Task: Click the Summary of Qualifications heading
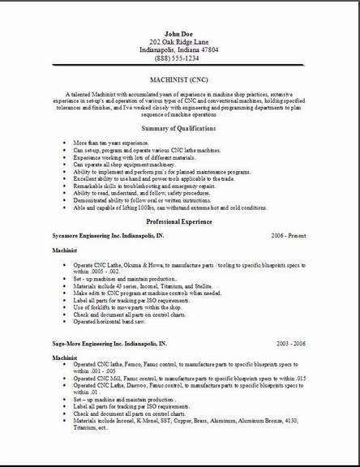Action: (178, 128)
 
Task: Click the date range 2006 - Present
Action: (289, 235)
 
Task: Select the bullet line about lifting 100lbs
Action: (170, 208)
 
